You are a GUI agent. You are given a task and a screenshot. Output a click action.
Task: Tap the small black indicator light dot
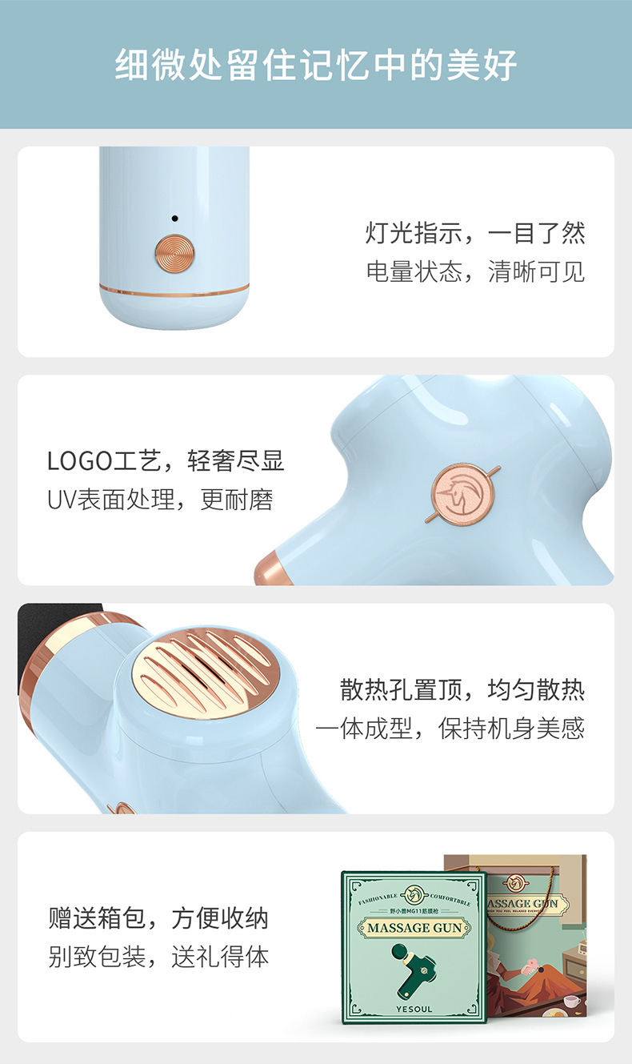[x=174, y=219]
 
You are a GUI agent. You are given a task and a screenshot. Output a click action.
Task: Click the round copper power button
[x=174, y=252]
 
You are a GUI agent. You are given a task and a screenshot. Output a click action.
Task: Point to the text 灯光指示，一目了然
[x=475, y=233]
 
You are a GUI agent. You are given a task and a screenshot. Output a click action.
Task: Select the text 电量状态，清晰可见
[x=475, y=271]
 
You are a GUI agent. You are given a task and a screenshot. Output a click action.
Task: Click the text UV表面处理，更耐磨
[x=160, y=500]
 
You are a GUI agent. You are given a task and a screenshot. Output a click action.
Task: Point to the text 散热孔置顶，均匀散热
[x=462, y=689]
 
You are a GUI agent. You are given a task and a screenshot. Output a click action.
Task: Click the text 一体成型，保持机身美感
[x=450, y=728]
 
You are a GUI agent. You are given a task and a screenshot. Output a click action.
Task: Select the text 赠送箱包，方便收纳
[x=158, y=918]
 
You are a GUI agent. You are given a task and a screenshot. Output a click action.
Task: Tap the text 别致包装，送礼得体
[x=158, y=957]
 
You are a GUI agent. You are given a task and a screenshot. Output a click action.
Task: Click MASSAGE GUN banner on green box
[x=414, y=928]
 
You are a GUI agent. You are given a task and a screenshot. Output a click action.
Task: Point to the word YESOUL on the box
[x=414, y=1009]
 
